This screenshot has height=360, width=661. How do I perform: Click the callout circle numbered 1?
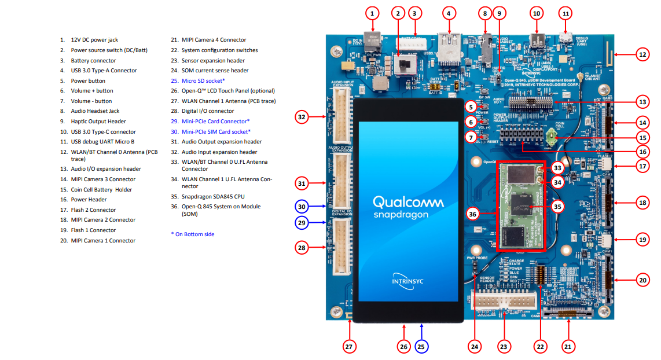point(373,13)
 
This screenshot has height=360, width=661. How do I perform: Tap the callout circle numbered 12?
point(642,55)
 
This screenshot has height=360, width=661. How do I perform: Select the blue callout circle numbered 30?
point(301,205)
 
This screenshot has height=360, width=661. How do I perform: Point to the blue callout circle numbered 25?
point(421,347)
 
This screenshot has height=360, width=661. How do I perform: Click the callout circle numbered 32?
point(301,117)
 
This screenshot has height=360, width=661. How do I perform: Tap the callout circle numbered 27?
point(348,347)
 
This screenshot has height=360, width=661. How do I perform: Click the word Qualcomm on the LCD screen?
point(408,202)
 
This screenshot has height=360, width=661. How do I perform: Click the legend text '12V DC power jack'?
point(94,40)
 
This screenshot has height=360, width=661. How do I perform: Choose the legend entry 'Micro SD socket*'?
point(203,80)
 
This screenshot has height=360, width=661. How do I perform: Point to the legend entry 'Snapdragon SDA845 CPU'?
point(213,196)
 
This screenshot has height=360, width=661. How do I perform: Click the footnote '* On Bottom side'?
point(196,234)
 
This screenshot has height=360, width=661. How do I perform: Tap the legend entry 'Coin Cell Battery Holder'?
point(101,189)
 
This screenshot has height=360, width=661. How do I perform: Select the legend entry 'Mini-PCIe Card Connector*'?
point(215,122)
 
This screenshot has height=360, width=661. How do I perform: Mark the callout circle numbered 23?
point(504,347)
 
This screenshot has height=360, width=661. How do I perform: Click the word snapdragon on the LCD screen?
point(401,214)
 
